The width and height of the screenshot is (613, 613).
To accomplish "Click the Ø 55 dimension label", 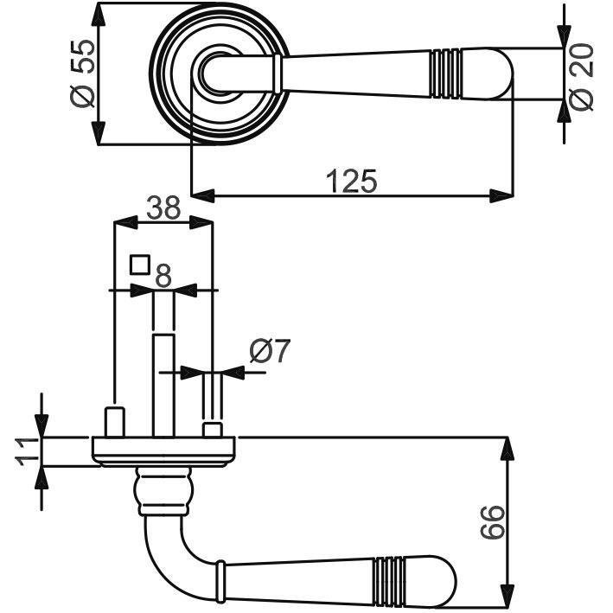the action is pos(83,73).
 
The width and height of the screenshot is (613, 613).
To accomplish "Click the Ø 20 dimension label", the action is pos(581,77).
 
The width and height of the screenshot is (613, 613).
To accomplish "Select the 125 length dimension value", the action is pos(351,181).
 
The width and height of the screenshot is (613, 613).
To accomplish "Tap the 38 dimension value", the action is pos(163,208).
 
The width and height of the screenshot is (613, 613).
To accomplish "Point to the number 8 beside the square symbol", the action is pos(163,275).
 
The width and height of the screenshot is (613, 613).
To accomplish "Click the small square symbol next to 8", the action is pos(140,265).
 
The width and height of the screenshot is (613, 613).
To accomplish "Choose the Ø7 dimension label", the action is pos(270,351).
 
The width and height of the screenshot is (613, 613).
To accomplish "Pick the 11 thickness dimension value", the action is pos(28,451).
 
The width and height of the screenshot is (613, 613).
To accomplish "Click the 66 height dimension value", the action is pos(492,522).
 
